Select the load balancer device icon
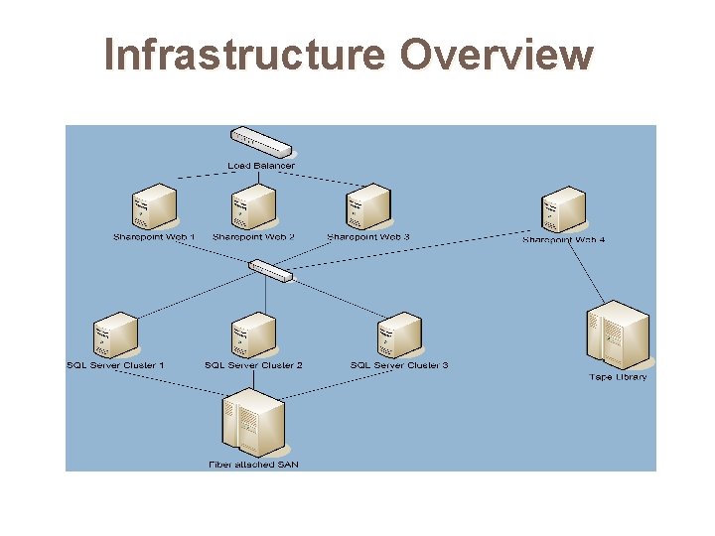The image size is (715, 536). point(260,142)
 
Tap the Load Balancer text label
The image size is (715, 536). point(260,165)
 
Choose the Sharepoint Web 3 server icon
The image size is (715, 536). point(367,206)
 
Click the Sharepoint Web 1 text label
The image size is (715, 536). point(154,237)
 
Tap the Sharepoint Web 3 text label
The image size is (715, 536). point(368,237)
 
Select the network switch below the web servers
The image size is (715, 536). point(270,269)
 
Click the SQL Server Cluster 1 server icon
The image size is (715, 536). point(114,335)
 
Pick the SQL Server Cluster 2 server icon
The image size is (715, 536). point(252,335)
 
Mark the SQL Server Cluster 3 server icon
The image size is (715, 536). point(399,335)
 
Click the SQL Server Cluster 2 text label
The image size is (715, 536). point(253,365)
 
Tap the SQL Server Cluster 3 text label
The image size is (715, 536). point(399,365)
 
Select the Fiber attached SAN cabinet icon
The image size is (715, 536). point(254,420)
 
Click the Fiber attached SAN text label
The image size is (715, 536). point(253,464)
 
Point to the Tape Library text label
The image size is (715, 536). point(618,376)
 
